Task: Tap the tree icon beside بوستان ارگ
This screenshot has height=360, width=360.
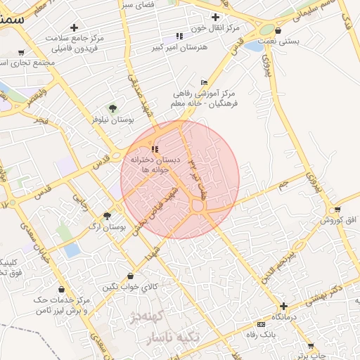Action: click(x=107, y=216)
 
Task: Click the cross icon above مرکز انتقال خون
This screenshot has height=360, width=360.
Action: click(x=215, y=17)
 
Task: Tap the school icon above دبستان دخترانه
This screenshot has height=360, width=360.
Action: click(x=155, y=149)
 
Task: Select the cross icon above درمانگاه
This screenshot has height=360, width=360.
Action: click(x=283, y=306)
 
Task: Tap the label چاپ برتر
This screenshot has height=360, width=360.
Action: click(x=310, y=356)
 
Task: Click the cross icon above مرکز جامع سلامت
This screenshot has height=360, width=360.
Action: click(x=74, y=27)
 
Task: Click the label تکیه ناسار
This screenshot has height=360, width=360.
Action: click(x=172, y=338)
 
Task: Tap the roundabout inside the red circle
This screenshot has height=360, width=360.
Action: click(x=198, y=207)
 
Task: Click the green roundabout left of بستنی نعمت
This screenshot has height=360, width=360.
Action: click(x=266, y=30)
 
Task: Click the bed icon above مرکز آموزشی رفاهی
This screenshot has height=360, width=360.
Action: click(x=204, y=82)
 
